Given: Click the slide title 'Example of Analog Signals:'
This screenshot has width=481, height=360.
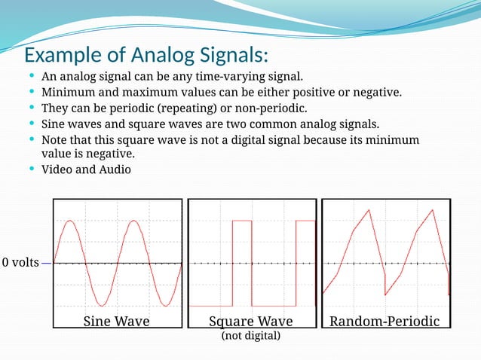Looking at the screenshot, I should click(x=146, y=56).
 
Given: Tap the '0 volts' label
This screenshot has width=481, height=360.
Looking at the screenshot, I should click(x=20, y=263).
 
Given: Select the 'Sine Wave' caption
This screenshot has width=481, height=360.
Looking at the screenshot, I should click(x=116, y=321).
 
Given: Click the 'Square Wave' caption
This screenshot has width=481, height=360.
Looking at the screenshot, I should click(x=250, y=321).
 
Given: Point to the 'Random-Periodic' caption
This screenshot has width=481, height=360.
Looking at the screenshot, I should click(x=384, y=321).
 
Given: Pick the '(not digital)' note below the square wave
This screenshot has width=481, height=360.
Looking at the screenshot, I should click(x=250, y=335).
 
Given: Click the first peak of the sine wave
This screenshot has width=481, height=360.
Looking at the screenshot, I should click(x=70, y=221).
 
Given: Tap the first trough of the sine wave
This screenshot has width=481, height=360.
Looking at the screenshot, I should click(x=102, y=307).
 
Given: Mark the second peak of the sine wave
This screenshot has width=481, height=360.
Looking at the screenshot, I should click(x=133, y=221).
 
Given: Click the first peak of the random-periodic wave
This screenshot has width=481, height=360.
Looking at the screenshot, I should click(x=369, y=210).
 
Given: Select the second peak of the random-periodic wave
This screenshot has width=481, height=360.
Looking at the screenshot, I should click(x=432, y=210).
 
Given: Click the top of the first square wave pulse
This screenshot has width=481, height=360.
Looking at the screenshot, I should click(x=242, y=221).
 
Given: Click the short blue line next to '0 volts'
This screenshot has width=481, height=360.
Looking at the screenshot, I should click(x=47, y=264).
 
